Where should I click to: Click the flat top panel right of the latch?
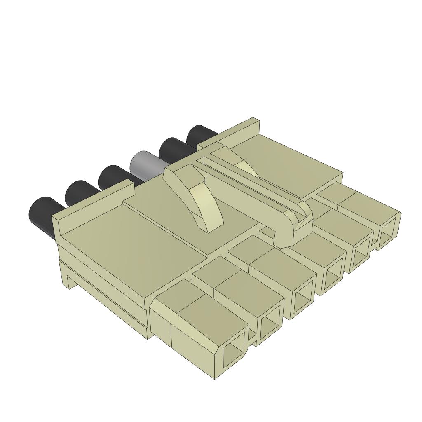pyautogui.click(x=288, y=165)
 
